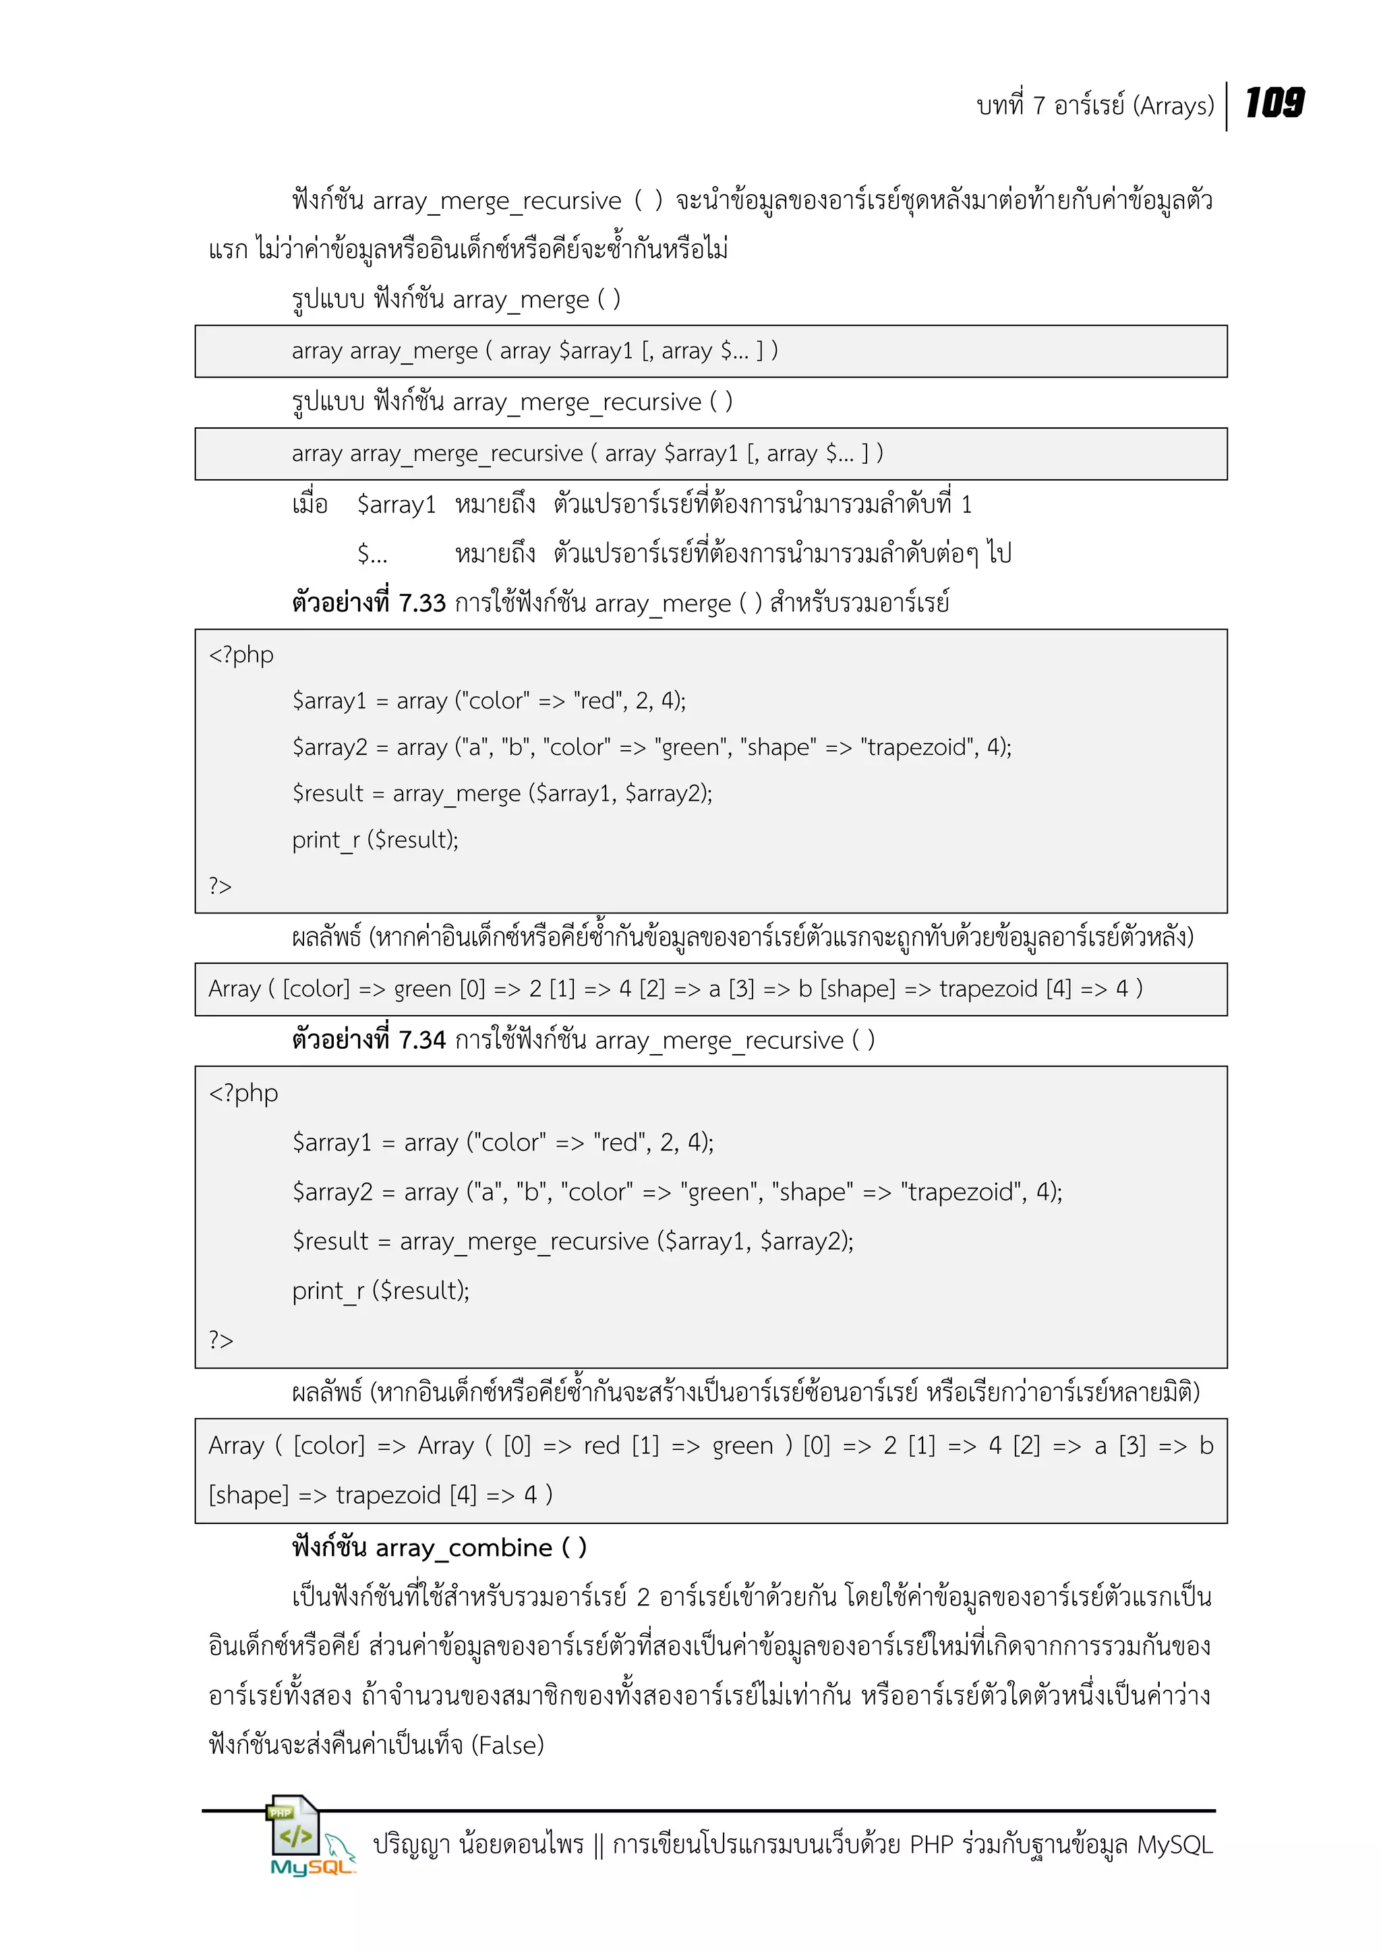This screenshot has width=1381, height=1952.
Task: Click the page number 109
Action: coord(1274,103)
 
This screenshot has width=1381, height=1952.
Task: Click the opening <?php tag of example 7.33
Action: coord(241,654)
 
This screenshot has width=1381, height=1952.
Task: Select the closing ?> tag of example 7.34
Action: coord(221,1340)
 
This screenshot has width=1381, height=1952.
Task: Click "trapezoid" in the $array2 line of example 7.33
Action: coord(918,748)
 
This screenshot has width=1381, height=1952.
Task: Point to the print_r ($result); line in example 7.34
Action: coord(380,1291)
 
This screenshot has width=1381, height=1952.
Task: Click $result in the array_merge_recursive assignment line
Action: coord(330,1242)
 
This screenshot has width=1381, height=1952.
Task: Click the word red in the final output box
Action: coord(601,1446)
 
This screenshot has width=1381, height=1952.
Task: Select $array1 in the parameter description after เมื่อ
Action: coord(396,505)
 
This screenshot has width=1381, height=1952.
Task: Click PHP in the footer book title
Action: coord(932,1845)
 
